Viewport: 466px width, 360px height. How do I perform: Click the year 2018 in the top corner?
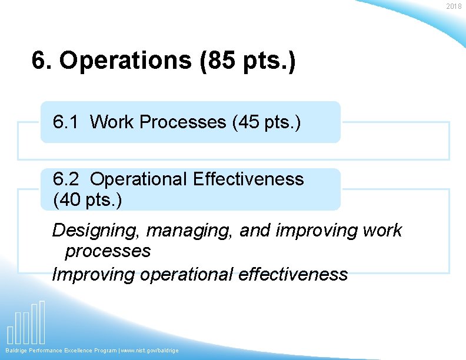454,6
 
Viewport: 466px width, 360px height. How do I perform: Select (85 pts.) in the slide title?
247,61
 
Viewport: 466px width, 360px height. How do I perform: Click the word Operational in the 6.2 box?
138,179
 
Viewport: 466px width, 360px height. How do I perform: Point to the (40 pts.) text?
88,200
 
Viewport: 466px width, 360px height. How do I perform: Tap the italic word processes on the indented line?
108,252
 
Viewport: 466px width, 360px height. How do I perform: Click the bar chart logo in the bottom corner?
26,324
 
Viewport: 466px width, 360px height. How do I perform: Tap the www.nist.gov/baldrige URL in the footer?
151,351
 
